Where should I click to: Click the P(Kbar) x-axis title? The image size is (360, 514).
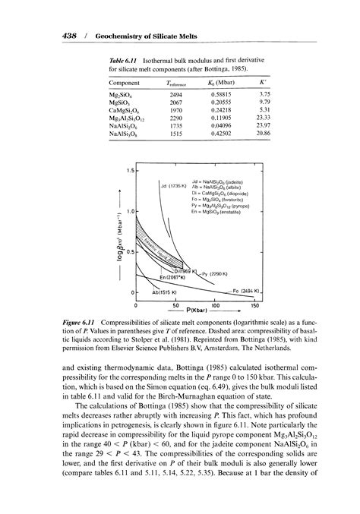(195, 312)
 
